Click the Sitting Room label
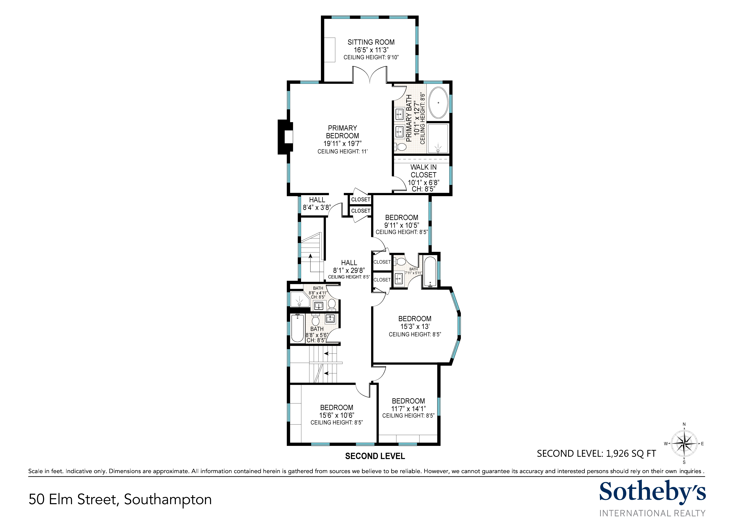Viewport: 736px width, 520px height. pyautogui.click(x=371, y=42)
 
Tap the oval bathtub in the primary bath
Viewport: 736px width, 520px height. pyautogui.click(x=438, y=103)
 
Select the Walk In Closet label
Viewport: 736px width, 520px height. pyautogui.click(x=424, y=171)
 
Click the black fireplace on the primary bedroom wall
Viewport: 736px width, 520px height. pyautogui.click(x=285, y=137)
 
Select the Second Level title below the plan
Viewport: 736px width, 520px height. pyautogui.click(x=375, y=456)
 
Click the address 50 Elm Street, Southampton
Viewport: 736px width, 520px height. pyautogui.click(x=120, y=499)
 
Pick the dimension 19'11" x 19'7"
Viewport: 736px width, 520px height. pyautogui.click(x=342, y=144)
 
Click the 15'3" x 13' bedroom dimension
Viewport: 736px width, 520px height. pyautogui.click(x=415, y=326)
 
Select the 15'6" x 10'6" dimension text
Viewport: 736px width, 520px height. pyautogui.click(x=337, y=415)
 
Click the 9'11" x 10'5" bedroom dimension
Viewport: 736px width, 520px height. pyautogui.click(x=402, y=225)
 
